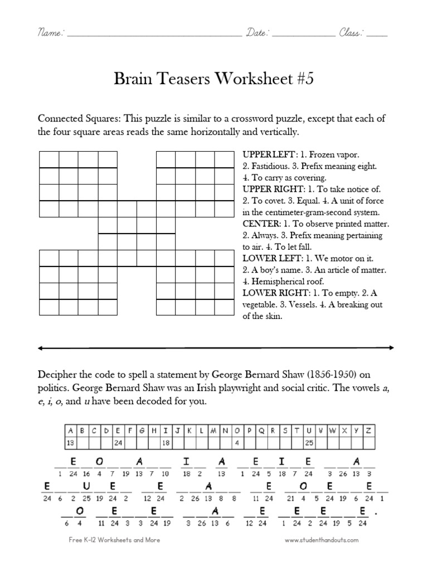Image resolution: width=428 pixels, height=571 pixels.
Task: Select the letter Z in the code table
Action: tap(369, 430)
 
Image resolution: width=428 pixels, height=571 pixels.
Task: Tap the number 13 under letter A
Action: tap(70, 443)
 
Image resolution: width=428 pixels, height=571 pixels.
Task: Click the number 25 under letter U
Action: tap(310, 443)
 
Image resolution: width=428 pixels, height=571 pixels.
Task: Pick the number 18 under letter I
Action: tap(166, 443)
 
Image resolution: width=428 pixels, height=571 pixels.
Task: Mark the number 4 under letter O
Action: tap(237, 443)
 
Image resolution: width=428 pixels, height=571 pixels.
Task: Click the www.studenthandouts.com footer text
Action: tap(322, 540)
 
